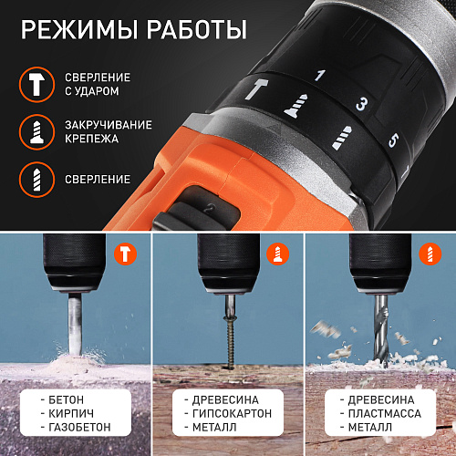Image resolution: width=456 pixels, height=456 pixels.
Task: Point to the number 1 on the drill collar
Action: (319, 76)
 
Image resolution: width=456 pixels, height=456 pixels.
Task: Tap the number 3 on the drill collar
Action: (361, 104)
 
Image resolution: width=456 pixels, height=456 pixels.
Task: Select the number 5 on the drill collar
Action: (393, 140)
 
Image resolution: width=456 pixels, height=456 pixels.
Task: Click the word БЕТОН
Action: (71, 399)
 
